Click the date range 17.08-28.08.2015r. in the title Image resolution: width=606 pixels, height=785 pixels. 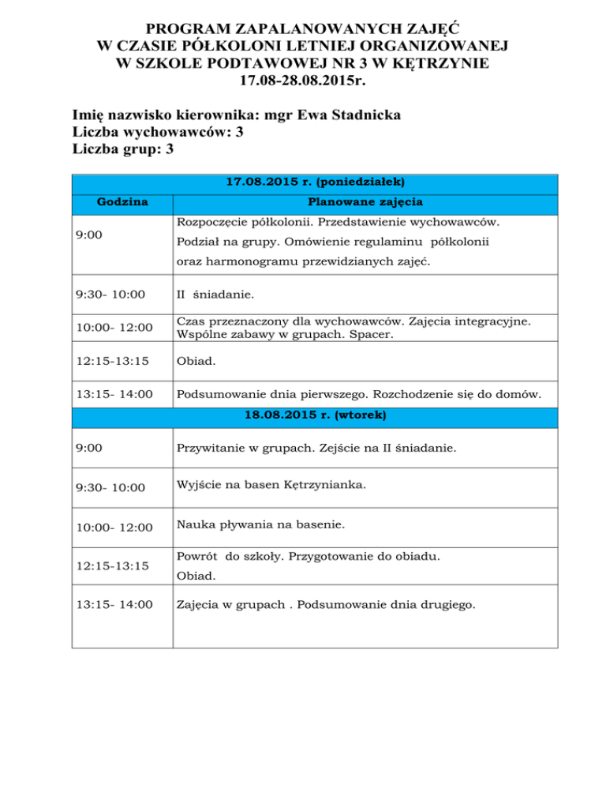point(303,80)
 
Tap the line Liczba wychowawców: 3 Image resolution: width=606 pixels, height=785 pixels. point(156,132)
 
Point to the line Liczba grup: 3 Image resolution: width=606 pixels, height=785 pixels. point(122,148)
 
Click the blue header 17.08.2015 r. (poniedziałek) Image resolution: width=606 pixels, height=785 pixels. point(315,182)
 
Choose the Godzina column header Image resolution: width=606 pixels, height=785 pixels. point(122,201)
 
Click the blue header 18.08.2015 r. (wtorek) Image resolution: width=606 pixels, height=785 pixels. point(315,414)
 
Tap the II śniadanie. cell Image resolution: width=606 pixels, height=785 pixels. point(215,295)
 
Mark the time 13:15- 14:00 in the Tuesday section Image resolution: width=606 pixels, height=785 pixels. point(114,605)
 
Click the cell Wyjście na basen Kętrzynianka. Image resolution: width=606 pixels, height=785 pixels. point(271,485)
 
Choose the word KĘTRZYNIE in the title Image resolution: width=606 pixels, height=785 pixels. point(438,62)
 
